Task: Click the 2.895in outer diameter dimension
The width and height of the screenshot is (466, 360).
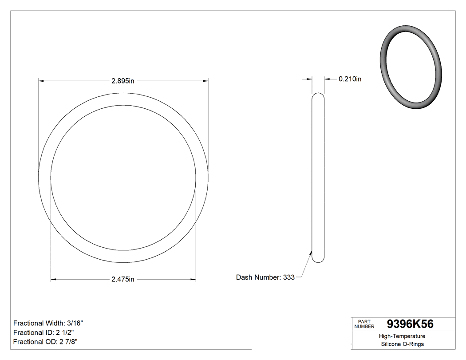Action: coord(123,81)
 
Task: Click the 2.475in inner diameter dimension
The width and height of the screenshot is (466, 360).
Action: coord(123,279)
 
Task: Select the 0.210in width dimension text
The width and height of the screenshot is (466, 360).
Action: coord(350,79)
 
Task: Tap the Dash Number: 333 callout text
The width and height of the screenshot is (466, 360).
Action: coord(265,277)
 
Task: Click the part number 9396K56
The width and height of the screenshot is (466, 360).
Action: coord(410,324)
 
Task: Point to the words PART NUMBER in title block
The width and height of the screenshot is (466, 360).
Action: coord(364,324)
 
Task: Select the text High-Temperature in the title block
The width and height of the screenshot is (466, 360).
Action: coord(403,336)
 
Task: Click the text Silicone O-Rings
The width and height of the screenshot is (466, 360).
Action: coord(403,344)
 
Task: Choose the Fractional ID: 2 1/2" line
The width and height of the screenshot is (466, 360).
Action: coord(43,332)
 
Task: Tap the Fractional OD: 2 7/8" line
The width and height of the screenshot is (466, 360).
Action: coord(46,341)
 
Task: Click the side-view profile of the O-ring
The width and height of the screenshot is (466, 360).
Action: coord(318,178)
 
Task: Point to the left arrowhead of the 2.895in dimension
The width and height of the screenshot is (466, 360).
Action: coord(41,81)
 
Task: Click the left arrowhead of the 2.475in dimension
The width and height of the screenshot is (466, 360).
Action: coord(53,279)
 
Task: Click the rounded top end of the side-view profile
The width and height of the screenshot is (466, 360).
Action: coord(318,95)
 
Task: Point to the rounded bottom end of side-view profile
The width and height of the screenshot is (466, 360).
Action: coord(318,260)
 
